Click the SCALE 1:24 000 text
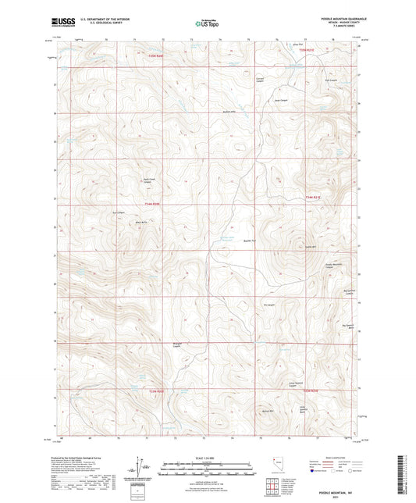pyautogui.click(x=208, y=457)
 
